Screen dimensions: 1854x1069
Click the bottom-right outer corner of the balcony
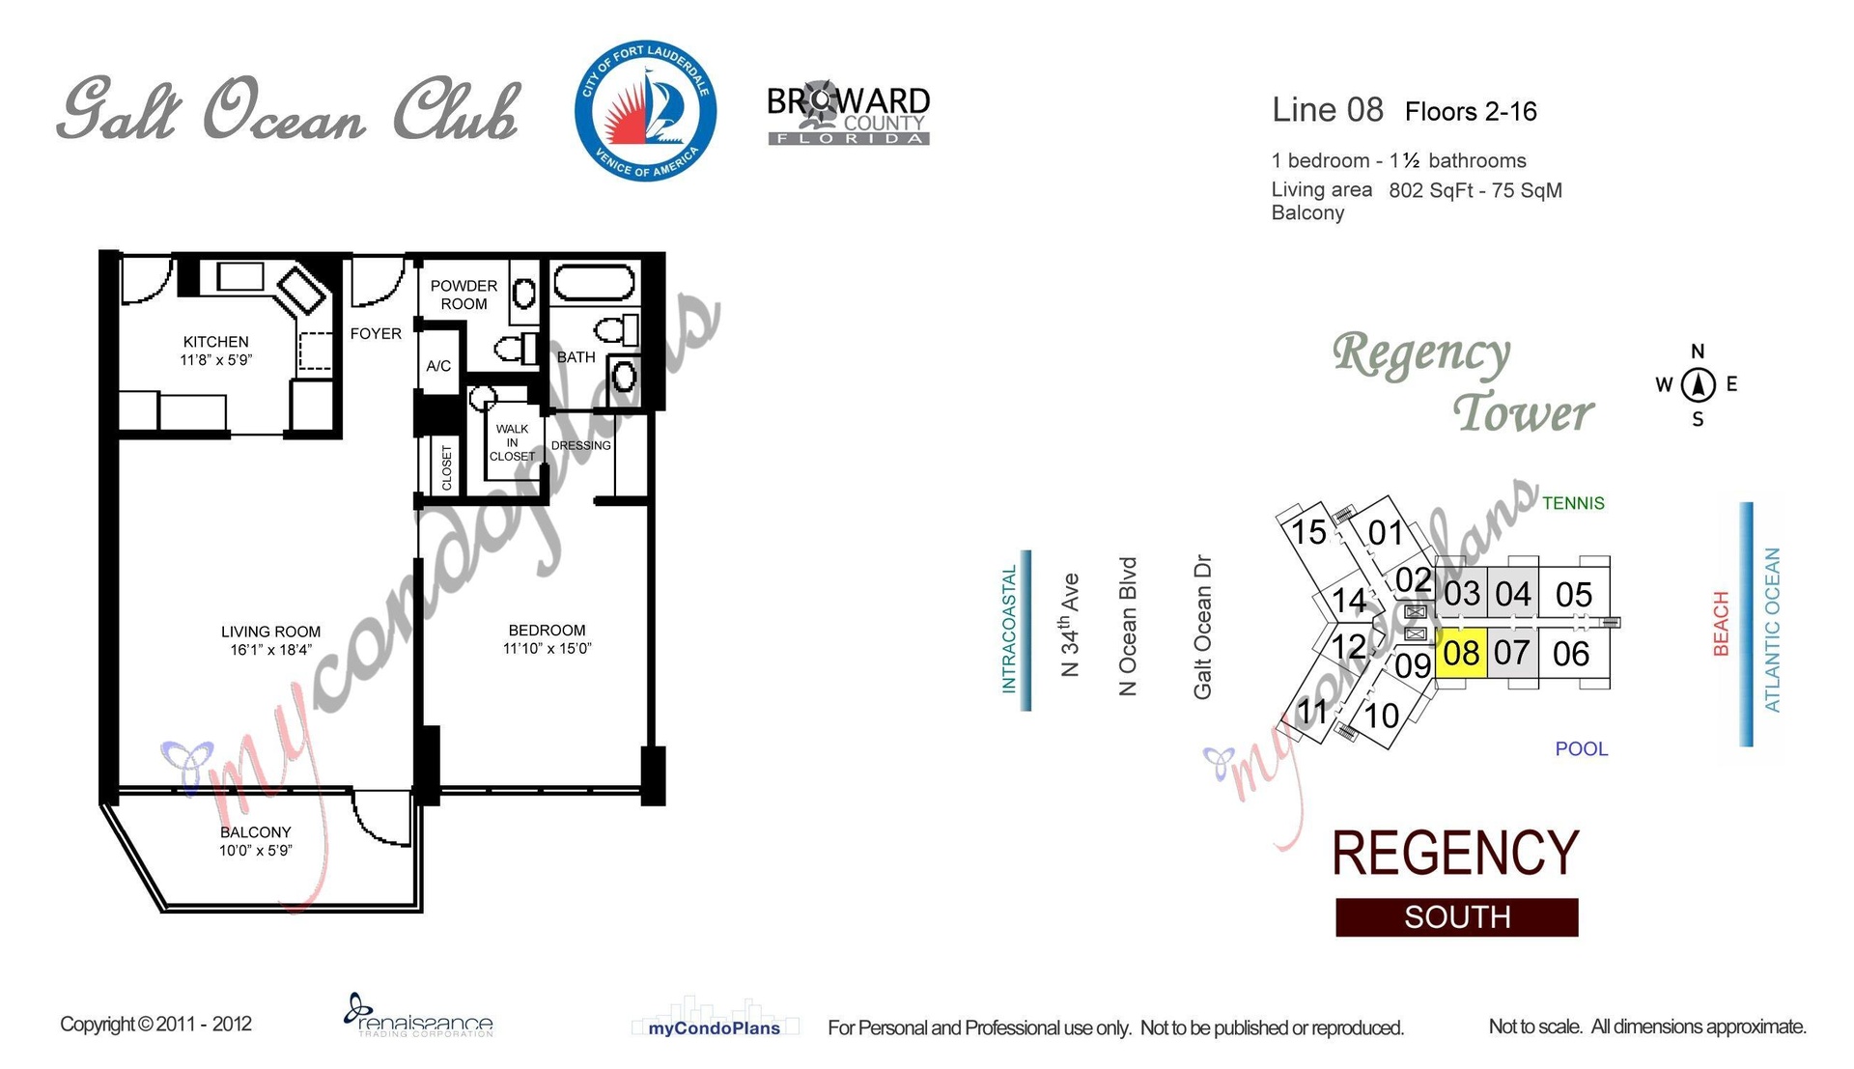click(x=423, y=912)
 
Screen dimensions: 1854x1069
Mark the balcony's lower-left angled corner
click(x=162, y=911)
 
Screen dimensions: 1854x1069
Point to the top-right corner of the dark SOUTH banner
click(x=1578, y=899)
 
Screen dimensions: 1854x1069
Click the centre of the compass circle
click(x=1698, y=385)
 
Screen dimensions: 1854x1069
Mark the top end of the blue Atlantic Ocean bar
click(x=1746, y=503)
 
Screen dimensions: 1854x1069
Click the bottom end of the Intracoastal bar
click(x=1025, y=710)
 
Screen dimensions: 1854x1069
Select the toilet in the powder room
click(x=517, y=349)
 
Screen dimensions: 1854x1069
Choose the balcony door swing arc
click(x=383, y=818)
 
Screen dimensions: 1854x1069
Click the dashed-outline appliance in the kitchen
click(x=315, y=351)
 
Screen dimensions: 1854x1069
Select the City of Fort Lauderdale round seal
click(x=645, y=111)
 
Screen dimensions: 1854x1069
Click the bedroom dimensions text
click(x=547, y=648)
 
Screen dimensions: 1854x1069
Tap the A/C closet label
click(x=438, y=366)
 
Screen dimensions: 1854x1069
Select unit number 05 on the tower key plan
click(x=1573, y=595)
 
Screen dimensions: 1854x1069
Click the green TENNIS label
click(x=1573, y=503)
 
